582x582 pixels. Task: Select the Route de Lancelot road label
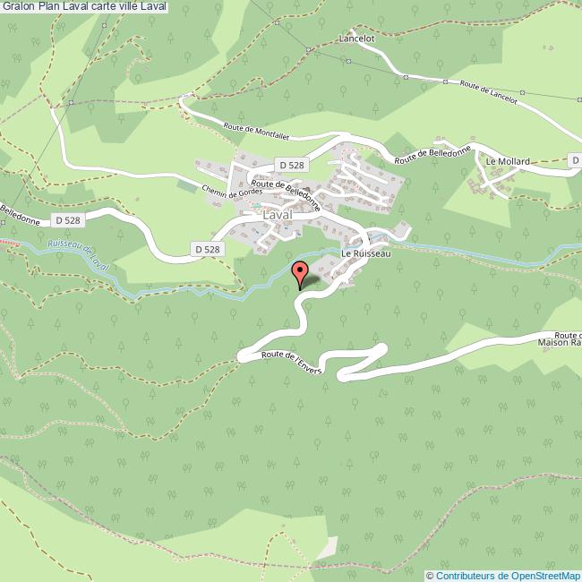(x=488, y=92)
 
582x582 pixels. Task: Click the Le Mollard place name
(x=508, y=161)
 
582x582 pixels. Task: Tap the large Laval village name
(x=280, y=216)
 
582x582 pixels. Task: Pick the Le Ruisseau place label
(x=366, y=253)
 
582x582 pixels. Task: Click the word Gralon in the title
(x=19, y=7)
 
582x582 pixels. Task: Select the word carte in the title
(x=107, y=7)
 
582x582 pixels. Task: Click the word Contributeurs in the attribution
(x=466, y=575)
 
